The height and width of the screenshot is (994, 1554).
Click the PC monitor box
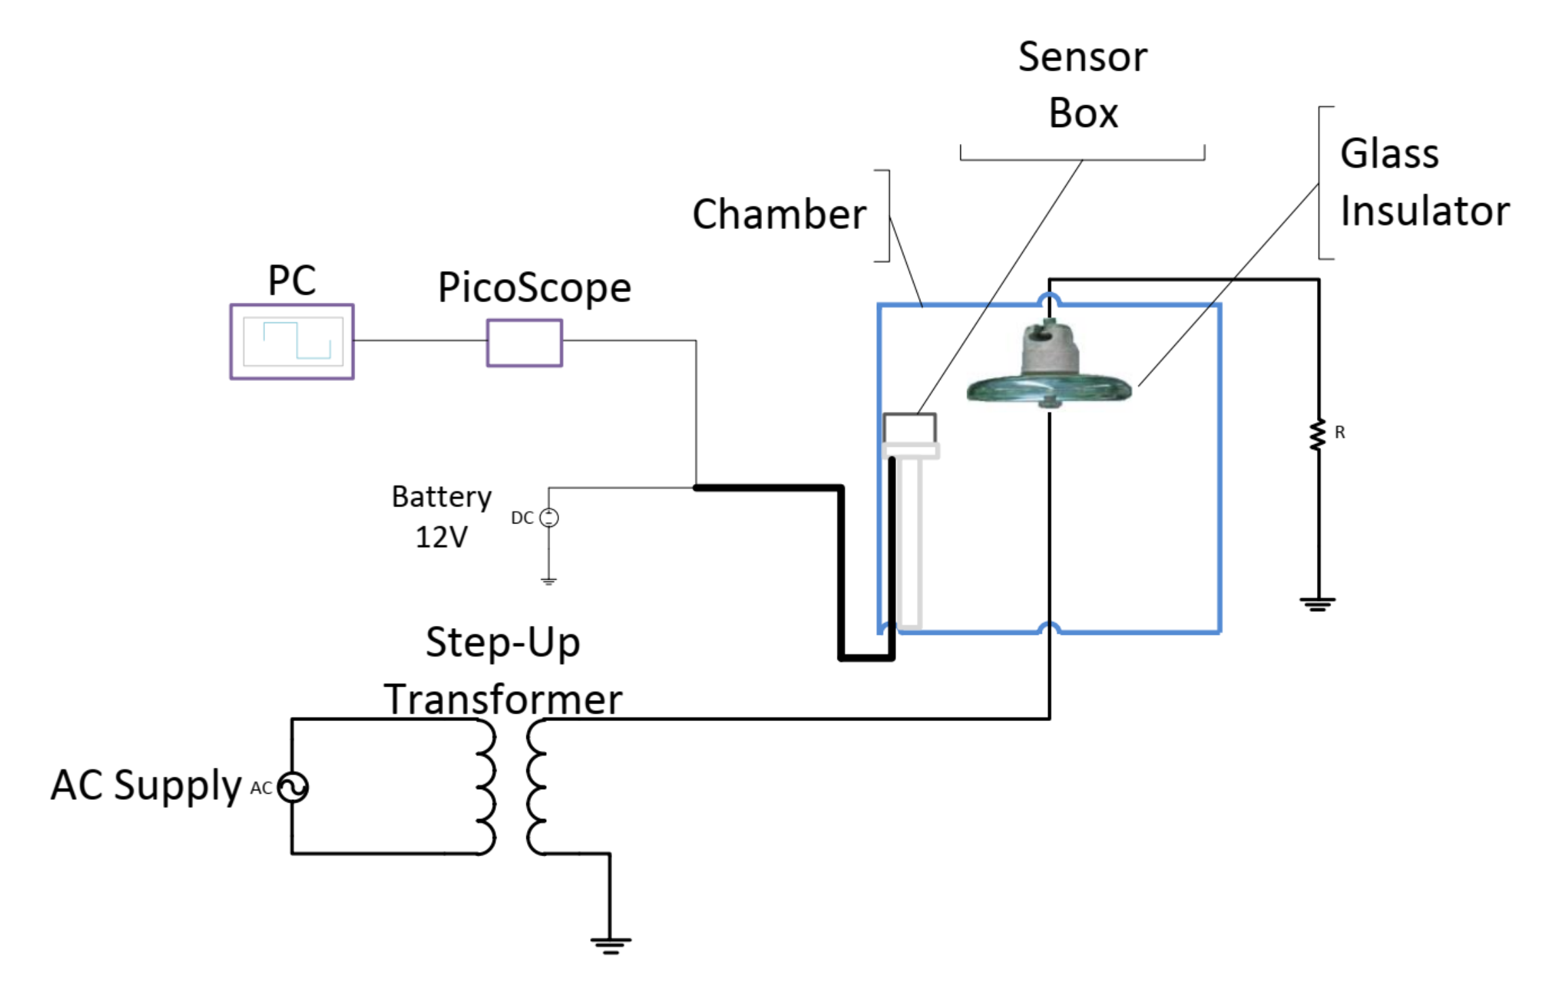click(292, 342)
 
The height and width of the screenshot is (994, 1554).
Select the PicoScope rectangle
click(524, 343)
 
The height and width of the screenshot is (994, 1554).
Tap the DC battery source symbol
click(549, 518)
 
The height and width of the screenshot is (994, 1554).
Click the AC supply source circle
click(293, 788)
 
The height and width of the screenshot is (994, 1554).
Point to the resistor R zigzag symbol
click(1318, 435)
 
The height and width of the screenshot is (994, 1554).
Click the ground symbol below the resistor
click(1318, 604)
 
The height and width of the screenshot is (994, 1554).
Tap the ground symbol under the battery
click(549, 581)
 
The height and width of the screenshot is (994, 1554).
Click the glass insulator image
click(1049, 365)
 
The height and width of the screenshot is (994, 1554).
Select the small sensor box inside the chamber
click(910, 428)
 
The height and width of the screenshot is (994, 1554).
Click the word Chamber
click(779, 215)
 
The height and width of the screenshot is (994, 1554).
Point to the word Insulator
click(1425, 210)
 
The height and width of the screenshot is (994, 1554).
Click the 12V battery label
click(441, 537)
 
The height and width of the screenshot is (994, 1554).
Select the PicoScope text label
click(535, 287)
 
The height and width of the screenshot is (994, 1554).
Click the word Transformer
click(503, 699)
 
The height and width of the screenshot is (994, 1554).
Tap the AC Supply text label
click(146, 786)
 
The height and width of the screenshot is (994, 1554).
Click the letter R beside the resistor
click(1340, 432)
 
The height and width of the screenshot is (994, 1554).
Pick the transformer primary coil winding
click(486, 786)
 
